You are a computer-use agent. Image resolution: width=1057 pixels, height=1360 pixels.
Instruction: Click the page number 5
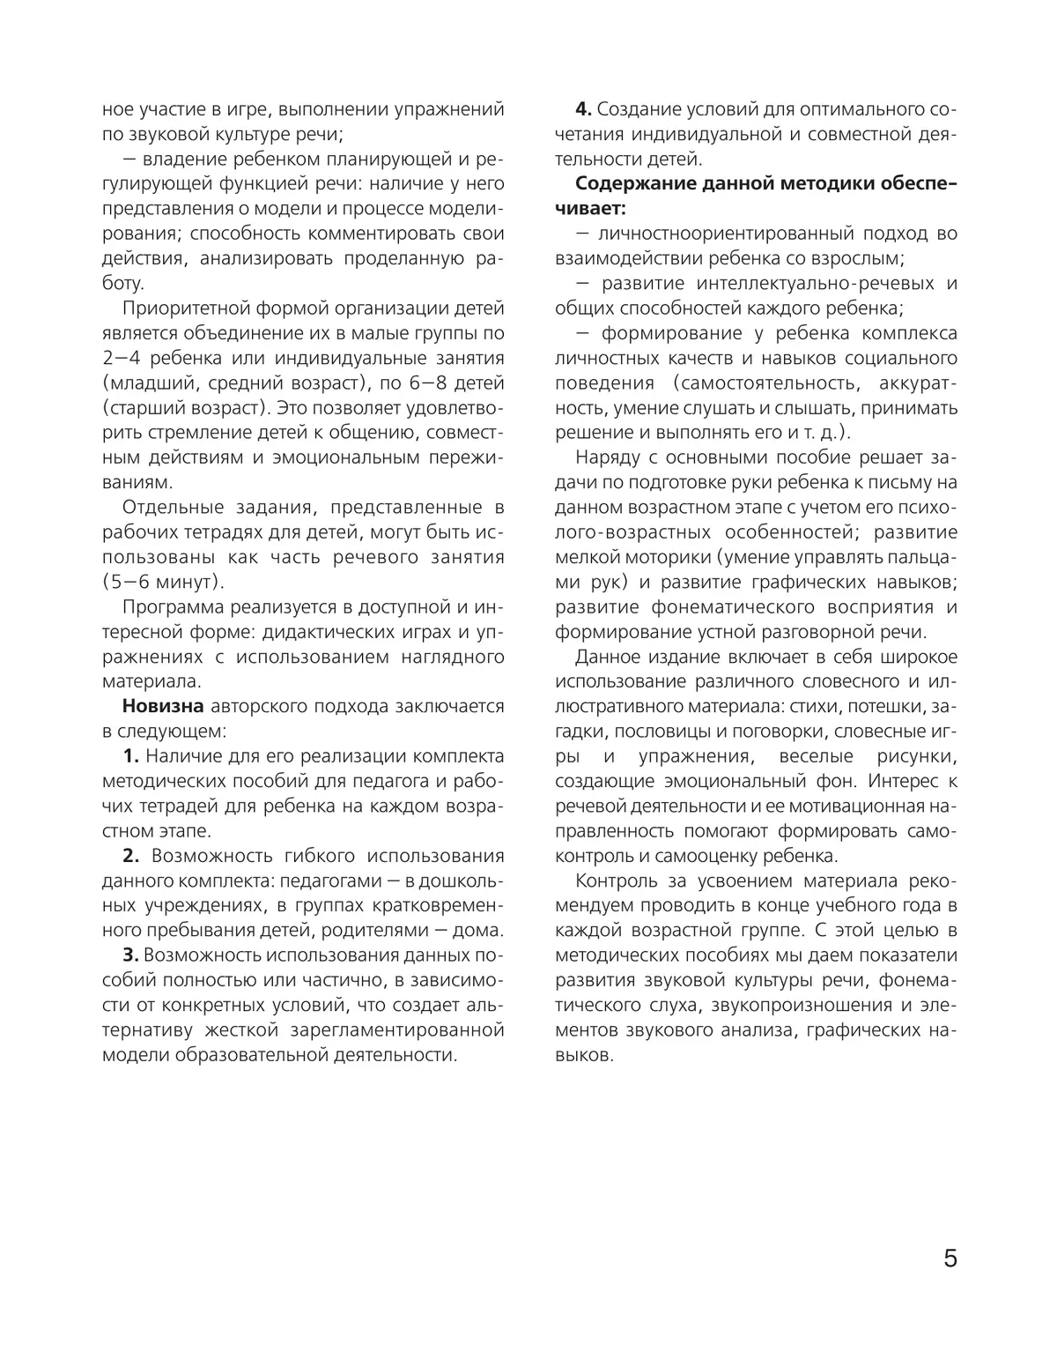point(950,1258)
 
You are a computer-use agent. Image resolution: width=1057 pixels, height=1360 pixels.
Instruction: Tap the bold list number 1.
point(131,756)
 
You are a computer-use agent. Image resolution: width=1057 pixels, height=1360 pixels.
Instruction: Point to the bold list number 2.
point(131,856)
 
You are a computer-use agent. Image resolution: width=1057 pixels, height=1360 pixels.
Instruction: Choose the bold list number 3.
point(130,955)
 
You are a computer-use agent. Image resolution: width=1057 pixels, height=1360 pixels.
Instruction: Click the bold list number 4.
point(583,109)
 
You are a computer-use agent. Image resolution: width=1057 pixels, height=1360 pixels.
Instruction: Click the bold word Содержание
point(640,184)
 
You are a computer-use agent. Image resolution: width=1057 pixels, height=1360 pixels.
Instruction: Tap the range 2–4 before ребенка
point(123,358)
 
